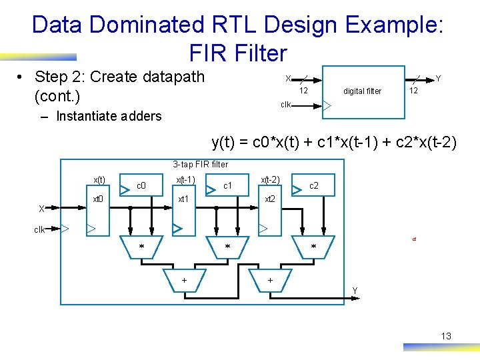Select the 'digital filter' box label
point(362,91)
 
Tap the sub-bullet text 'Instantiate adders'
point(109,116)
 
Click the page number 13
point(446,336)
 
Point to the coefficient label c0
point(141,185)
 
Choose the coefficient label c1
point(227,185)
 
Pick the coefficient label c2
point(314,185)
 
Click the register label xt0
point(97,199)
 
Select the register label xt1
point(183,199)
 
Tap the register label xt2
point(269,199)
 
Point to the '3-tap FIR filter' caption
point(200,164)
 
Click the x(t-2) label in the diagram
point(270,179)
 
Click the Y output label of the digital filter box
point(438,79)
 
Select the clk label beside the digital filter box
point(285,105)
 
